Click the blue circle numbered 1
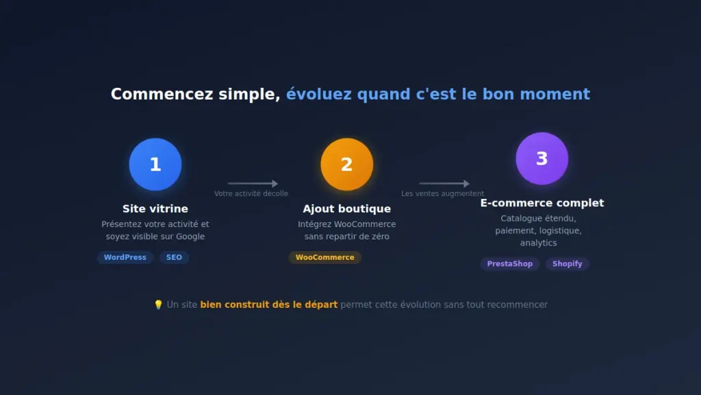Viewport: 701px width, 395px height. tap(155, 165)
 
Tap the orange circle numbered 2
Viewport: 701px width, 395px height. tap(347, 165)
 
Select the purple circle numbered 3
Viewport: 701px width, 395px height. tap(541, 158)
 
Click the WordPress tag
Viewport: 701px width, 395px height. tap(125, 257)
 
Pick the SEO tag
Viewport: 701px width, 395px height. tap(174, 257)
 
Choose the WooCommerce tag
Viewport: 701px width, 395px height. tap(324, 257)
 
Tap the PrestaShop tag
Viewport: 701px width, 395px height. tap(510, 263)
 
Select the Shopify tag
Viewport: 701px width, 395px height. tap(567, 263)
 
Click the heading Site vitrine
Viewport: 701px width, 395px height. tap(155, 208)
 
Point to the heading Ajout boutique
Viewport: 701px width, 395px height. tap(347, 208)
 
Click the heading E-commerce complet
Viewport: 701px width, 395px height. tap(541, 203)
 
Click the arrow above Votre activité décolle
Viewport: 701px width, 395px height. tap(253, 184)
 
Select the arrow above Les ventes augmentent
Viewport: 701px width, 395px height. tap(444, 184)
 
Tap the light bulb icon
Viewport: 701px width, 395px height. tap(158, 304)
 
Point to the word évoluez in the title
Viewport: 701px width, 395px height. tap(319, 94)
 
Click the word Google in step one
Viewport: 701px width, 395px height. tap(190, 237)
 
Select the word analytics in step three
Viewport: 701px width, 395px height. tap(538, 243)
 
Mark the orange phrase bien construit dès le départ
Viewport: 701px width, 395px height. tap(268, 304)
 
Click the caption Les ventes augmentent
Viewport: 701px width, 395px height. tap(442, 194)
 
